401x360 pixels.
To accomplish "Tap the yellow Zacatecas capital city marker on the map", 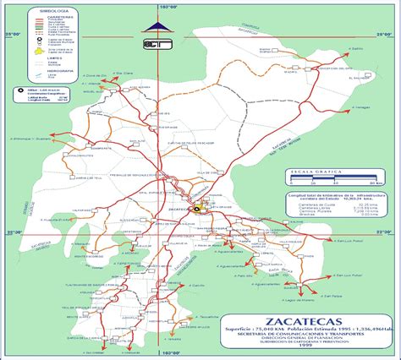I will [198, 206].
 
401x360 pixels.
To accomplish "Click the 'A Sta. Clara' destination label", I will [124, 74].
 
